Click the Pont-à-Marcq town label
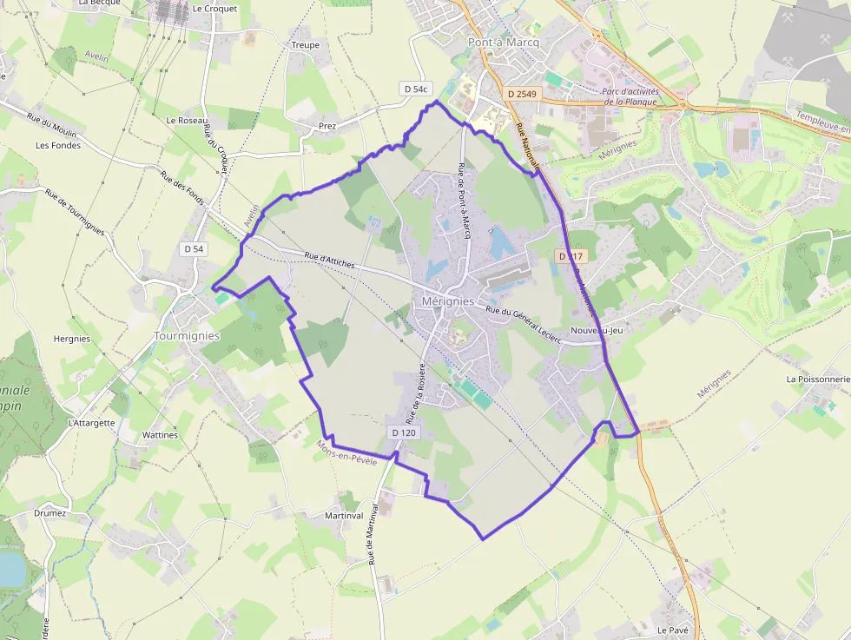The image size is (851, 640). coord(503,42)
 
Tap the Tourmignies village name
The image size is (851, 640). coord(187,335)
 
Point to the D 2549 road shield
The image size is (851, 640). coord(522,93)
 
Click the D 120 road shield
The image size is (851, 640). coord(404,432)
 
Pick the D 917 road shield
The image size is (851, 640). coord(572,256)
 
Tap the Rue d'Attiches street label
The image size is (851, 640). coord(331,257)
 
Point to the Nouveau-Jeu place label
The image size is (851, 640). coord(597,331)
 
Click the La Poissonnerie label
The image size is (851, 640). coord(818,379)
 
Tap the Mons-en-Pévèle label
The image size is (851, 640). coord(347,452)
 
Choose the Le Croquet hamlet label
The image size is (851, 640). coord(214,9)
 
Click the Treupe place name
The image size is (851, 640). coord(306,45)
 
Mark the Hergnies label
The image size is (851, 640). coord(71,339)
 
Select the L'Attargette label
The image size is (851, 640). coord(91,423)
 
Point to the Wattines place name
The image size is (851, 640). coord(160,435)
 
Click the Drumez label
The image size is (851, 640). coord(50,513)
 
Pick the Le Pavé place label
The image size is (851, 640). coord(673,630)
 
